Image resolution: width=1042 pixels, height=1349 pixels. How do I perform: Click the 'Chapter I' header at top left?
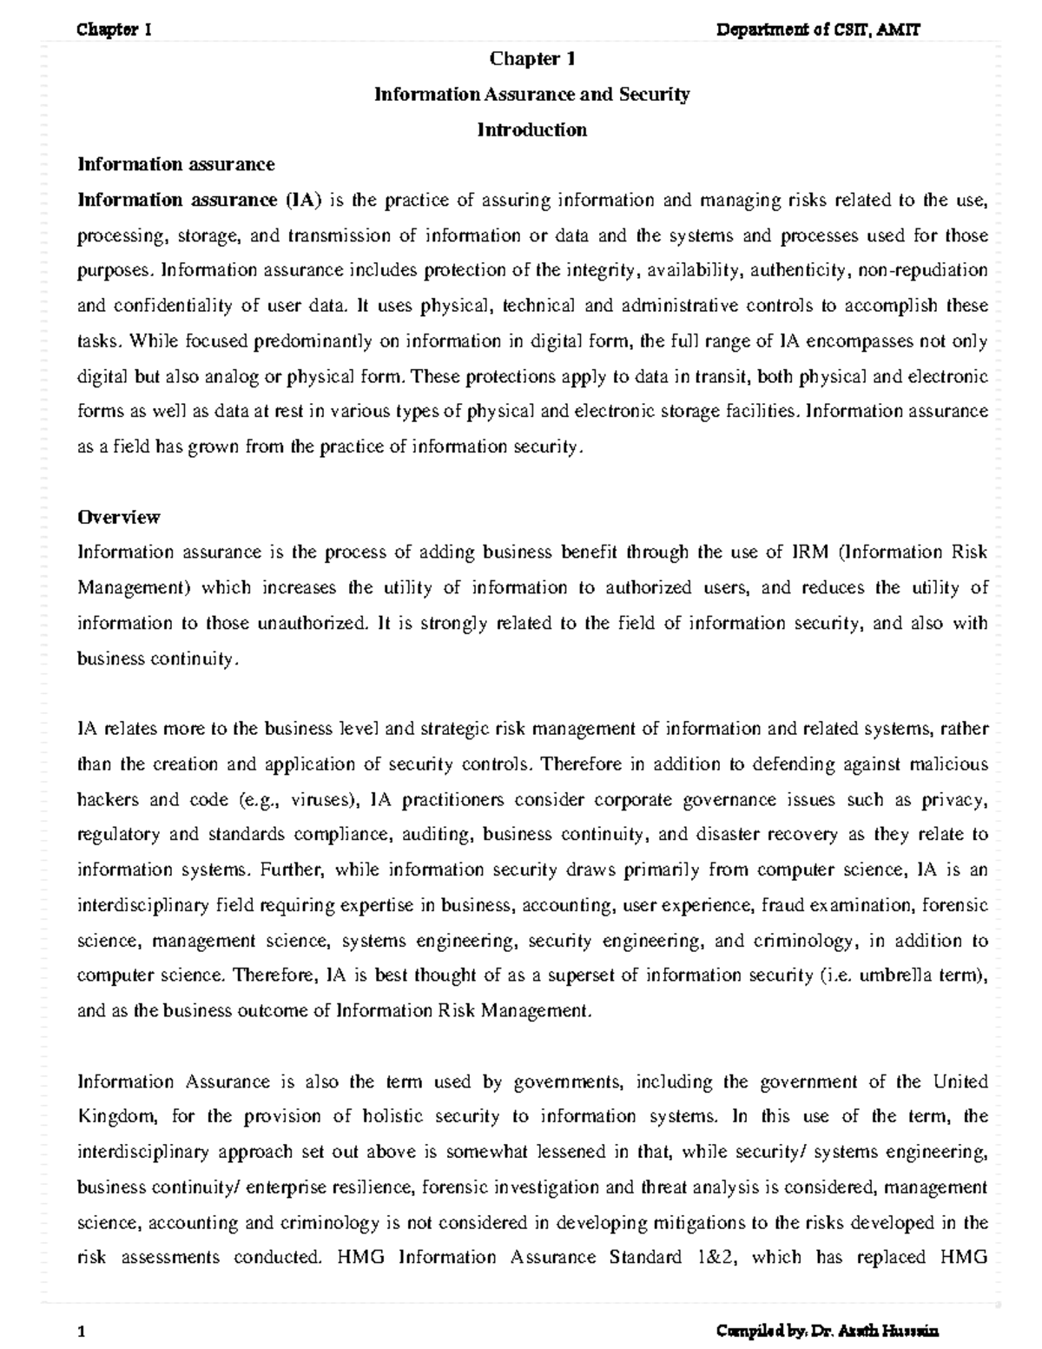(x=115, y=30)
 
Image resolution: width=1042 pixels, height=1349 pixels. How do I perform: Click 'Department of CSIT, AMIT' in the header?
(x=817, y=30)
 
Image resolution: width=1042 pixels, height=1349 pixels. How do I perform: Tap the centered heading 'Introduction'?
(x=531, y=130)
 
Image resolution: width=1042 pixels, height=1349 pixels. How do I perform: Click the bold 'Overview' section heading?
(x=119, y=518)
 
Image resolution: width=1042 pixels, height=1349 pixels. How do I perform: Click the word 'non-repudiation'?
(x=923, y=270)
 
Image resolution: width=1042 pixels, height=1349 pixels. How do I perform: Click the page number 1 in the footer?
(x=80, y=1332)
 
